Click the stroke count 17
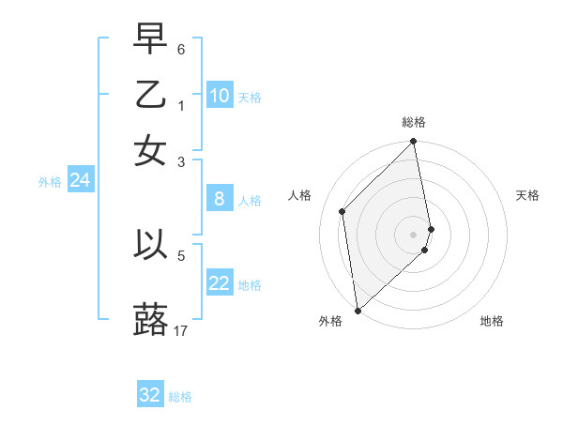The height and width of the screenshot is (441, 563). (x=181, y=330)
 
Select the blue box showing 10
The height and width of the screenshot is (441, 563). (x=220, y=96)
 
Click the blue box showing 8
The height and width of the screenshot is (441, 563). (x=220, y=199)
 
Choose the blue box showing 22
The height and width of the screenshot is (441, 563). (x=220, y=283)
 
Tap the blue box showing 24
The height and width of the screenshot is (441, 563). (x=80, y=180)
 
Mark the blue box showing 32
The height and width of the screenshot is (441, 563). (x=150, y=395)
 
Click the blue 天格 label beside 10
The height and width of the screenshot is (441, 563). (x=250, y=98)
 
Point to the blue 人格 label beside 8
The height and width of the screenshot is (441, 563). (x=250, y=201)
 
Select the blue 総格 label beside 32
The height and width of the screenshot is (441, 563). (x=180, y=397)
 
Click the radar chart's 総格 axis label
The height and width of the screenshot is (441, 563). (x=414, y=122)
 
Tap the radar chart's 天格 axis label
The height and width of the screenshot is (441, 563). (x=528, y=195)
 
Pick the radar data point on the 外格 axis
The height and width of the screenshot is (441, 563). (x=358, y=310)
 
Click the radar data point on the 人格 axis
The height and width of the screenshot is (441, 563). (x=342, y=211)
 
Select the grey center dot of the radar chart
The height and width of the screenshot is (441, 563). (x=414, y=234)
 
